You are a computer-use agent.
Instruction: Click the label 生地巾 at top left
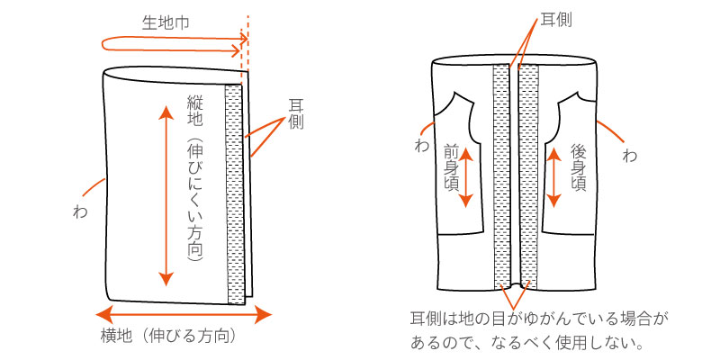click(167, 23)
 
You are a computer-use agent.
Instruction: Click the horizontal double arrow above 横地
click(184, 315)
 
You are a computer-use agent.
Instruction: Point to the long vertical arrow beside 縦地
click(164, 193)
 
